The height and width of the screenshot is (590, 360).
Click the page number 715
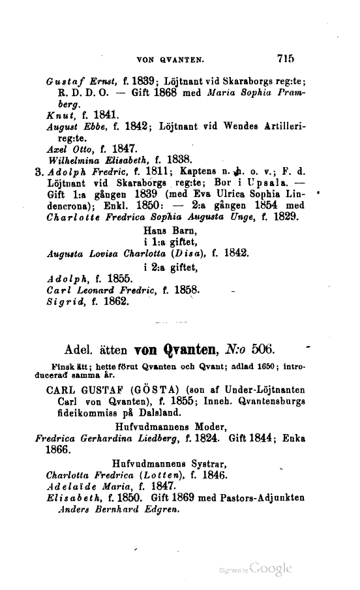click(x=286, y=58)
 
